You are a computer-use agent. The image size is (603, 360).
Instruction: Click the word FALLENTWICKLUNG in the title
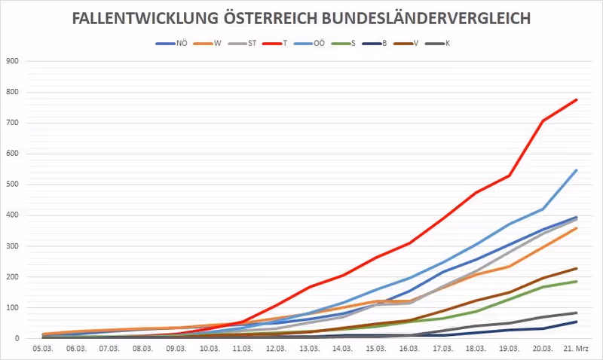142,19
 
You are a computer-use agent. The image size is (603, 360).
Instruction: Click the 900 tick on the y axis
11,62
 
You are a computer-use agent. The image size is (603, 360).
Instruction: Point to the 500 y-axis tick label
11,185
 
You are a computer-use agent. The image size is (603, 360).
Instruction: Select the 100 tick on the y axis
11,308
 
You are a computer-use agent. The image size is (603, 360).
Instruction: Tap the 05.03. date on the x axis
42,349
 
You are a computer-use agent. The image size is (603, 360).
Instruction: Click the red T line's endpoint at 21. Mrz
577,99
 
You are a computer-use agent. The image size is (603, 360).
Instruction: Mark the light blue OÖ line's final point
577,170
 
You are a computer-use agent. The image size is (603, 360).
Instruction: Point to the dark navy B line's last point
577,322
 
